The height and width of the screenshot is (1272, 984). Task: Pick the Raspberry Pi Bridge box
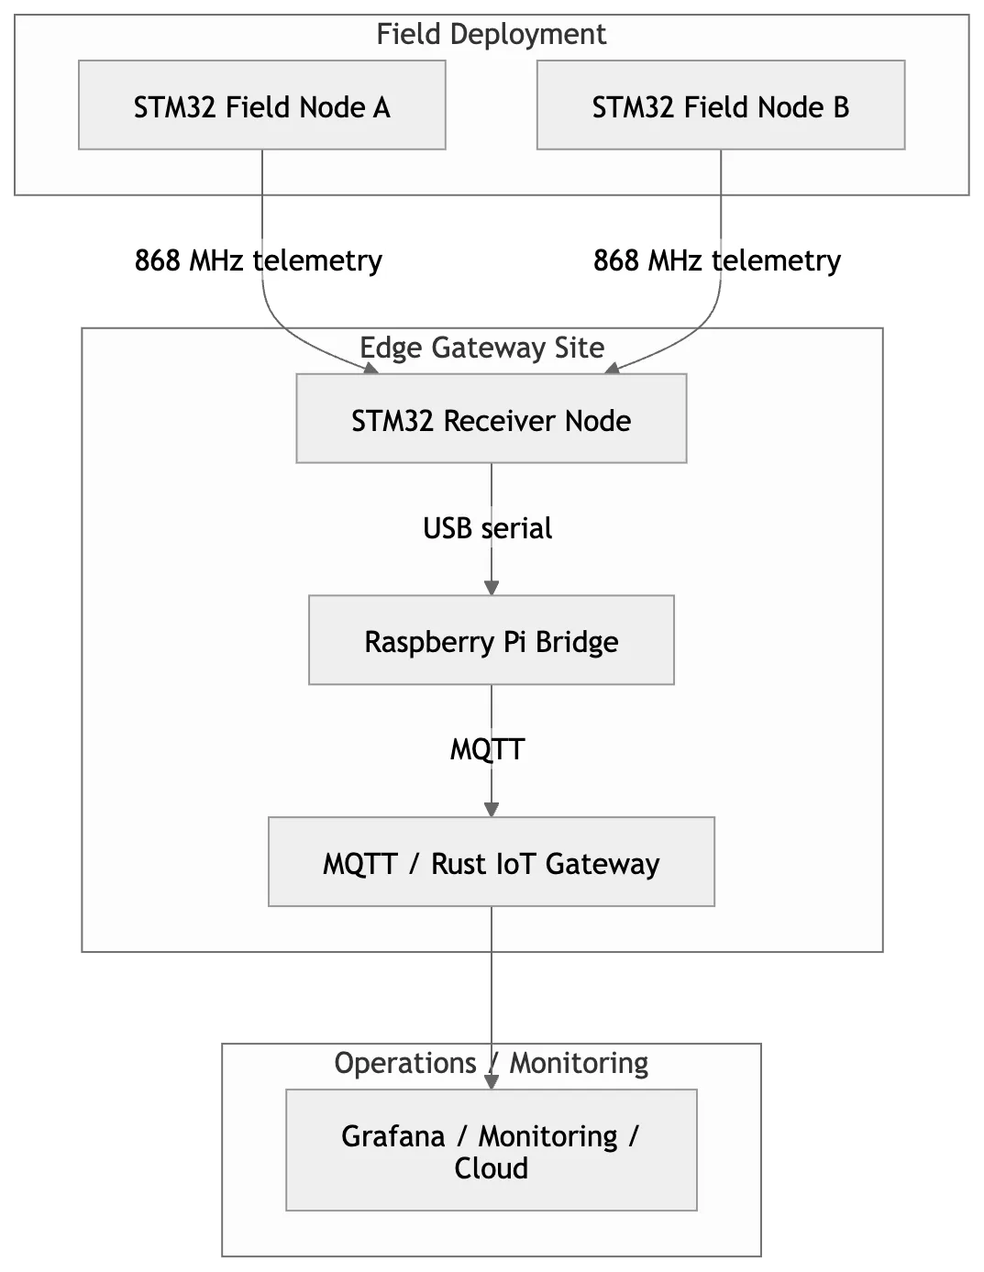(x=491, y=640)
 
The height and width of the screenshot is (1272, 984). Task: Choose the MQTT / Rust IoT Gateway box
(x=491, y=862)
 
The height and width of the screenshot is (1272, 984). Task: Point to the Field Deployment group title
(x=491, y=35)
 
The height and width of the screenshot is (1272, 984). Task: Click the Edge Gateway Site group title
(x=481, y=348)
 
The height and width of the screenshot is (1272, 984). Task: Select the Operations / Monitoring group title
(x=491, y=1063)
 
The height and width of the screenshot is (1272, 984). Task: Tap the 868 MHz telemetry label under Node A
(x=258, y=260)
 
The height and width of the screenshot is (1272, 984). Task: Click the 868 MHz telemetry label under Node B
(x=717, y=260)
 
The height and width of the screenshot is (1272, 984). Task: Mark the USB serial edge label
(x=487, y=528)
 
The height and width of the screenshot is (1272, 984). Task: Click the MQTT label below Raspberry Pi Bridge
(x=487, y=749)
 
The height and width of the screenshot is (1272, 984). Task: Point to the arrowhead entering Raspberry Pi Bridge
(x=492, y=588)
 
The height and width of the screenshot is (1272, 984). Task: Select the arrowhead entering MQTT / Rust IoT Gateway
(x=492, y=809)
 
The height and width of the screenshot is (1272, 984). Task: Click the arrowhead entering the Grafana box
(x=492, y=1082)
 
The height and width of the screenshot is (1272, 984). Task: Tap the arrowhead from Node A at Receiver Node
(x=371, y=368)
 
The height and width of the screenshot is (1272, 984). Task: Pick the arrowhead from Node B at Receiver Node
(x=612, y=368)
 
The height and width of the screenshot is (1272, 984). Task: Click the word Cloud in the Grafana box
(x=491, y=1168)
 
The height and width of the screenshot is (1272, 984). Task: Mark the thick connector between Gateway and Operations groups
(x=492, y=998)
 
